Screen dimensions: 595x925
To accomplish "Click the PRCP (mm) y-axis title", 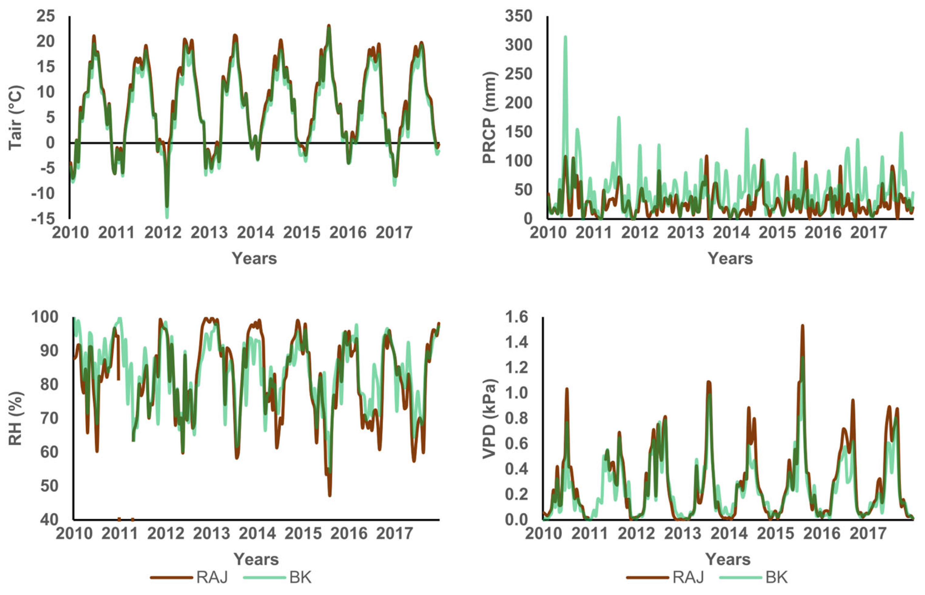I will pos(490,118).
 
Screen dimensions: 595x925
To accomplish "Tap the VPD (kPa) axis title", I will pos(490,419).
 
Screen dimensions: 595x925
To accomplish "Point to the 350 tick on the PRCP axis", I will pos(519,16).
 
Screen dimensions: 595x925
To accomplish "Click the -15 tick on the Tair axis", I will pos(43,219).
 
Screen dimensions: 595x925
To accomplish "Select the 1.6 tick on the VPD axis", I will pos(516,317).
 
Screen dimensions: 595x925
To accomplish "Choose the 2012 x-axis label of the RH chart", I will pos(166,534).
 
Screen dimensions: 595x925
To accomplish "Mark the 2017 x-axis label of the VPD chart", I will pos(868,534).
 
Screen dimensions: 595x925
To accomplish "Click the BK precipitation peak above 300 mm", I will pos(565,37).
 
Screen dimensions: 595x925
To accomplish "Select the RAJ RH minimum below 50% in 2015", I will pos(329,495).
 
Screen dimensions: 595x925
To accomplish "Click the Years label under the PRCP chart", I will pos(730,258).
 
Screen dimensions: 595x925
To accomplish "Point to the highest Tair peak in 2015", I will pos(329,26).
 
